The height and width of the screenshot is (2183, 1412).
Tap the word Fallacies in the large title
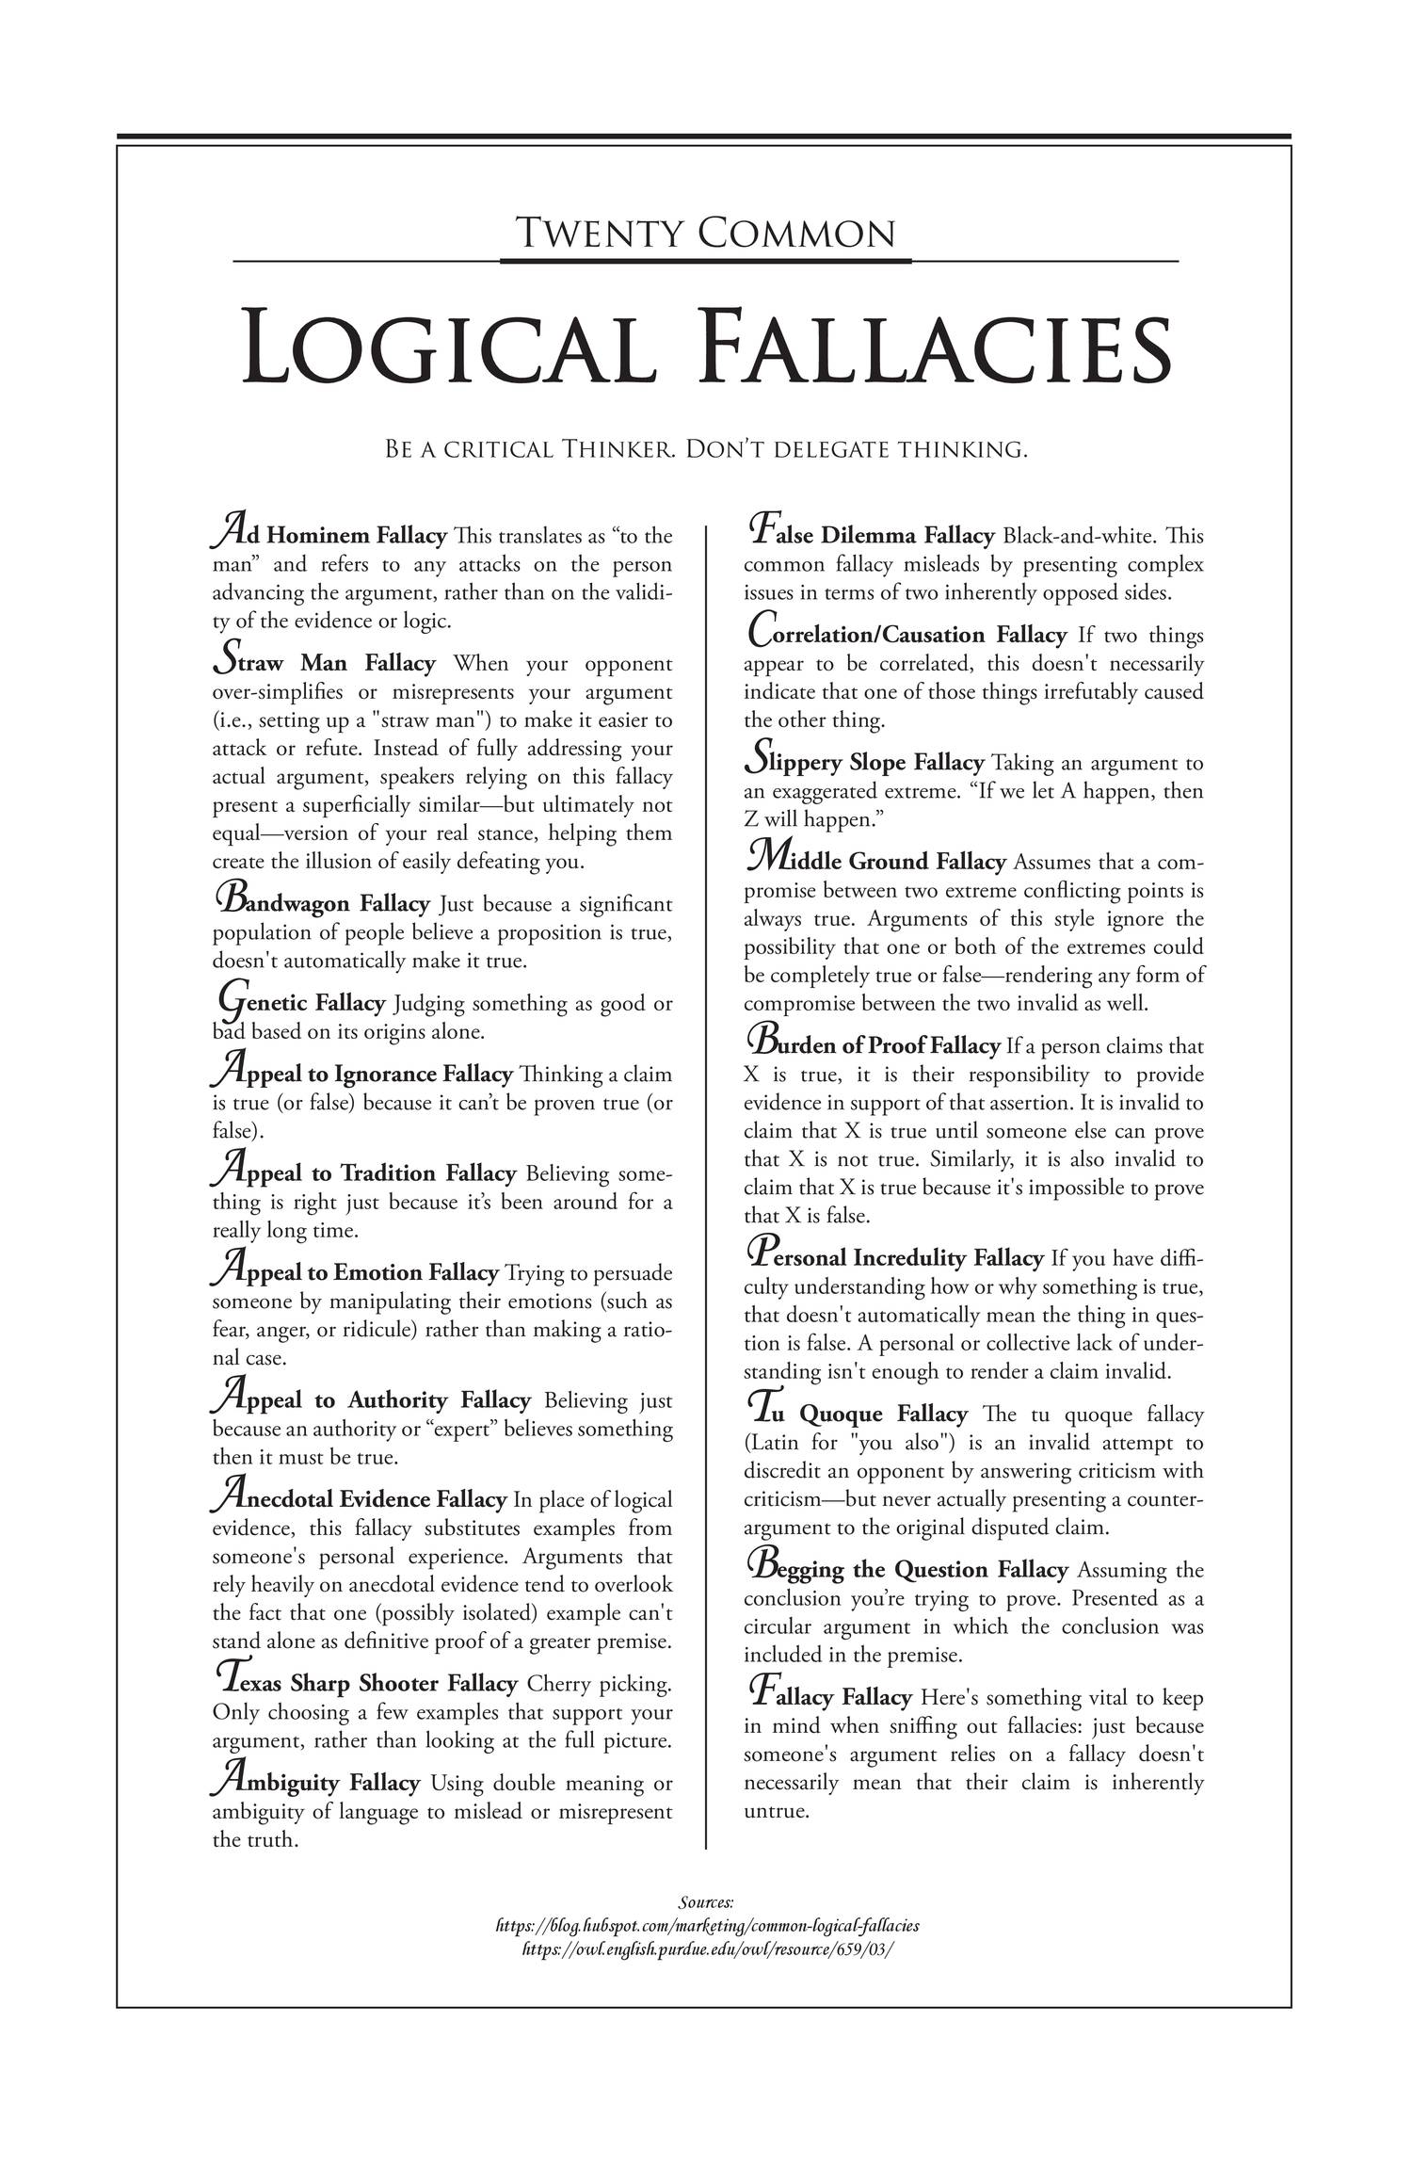coord(937,349)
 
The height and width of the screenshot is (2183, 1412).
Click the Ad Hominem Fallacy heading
coord(329,536)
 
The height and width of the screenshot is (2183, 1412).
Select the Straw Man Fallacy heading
coord(326,663)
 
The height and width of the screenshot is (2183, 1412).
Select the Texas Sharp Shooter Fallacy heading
coord(367,1683)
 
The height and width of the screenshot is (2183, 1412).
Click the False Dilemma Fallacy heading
coord(871,536)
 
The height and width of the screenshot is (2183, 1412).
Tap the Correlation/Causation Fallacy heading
coord(909,635)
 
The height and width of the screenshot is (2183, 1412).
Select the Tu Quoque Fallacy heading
coord(857,1414)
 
